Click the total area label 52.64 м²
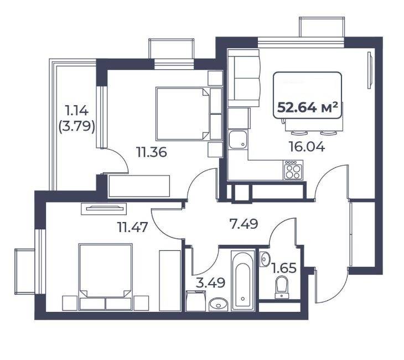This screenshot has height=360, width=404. (307, 107)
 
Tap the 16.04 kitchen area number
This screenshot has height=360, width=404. (307, 147)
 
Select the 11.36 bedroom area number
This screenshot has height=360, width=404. (152, 152)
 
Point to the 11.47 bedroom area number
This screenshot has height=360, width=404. (132, 227)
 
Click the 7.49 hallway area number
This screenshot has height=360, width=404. (244, 224)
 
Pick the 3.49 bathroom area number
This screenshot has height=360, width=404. (210, 283)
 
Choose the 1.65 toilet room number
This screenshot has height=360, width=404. (284, 268)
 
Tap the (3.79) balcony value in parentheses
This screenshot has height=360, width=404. (77, 127)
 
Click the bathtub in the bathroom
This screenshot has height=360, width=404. (243, 280)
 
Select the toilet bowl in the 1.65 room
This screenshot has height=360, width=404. (282, 287)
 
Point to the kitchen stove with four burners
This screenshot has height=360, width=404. (293, 170)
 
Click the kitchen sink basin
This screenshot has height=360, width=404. (238, 140)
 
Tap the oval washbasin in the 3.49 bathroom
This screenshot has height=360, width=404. (219, 305)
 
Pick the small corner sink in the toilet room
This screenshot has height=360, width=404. (265, 259)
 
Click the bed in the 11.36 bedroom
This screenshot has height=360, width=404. (183, 114)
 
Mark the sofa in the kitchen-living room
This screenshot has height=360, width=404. (244, 78)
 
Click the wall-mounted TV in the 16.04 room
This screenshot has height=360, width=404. (370, 70)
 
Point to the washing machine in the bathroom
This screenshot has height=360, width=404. (196, 301)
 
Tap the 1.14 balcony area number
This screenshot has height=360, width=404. (77, 111)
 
